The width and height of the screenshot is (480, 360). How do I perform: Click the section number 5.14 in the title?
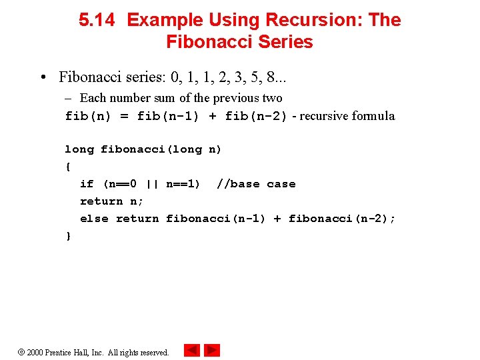click(97, 20)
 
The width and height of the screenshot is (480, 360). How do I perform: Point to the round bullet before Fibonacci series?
click(42, 77)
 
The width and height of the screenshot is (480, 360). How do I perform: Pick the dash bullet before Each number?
click(69, 98)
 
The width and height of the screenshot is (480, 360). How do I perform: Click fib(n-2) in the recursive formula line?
click(256, 116)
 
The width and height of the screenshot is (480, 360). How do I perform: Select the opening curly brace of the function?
click(67, 167)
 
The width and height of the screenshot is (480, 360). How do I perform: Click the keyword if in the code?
click(87, 184)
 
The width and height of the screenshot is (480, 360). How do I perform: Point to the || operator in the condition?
click(151, 184)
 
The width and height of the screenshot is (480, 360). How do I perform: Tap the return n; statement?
click(111, 201)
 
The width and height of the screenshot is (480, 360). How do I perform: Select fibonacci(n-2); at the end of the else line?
click(342, 219)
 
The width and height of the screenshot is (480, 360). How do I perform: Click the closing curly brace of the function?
click(67, 236)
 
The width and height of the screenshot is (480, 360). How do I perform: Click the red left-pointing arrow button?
click(191, 350)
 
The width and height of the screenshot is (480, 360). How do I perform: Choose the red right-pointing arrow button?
click(212, 350)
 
